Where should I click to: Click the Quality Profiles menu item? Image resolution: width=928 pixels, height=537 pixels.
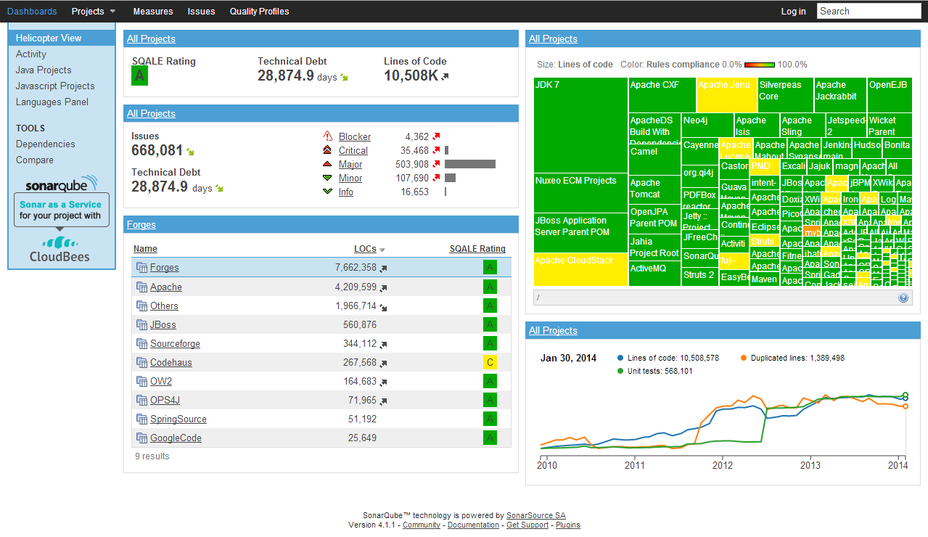(259, 11)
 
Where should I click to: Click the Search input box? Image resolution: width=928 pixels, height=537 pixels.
(869, 11)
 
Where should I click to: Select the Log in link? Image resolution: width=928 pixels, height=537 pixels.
(793, 11)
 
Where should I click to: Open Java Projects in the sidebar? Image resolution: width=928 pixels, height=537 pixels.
(44, 70)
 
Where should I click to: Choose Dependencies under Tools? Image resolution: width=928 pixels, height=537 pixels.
(45, 144)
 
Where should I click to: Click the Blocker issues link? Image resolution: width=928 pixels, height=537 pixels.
(354, 137)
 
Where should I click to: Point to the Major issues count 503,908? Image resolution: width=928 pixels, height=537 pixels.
(412, 165)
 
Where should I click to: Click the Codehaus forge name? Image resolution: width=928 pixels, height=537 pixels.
(171, 363)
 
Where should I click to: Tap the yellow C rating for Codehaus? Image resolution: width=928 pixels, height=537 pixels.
(490, 363)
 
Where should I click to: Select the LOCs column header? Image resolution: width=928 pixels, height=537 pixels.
(365, 249)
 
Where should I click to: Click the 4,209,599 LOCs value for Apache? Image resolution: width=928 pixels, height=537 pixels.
(356, 287)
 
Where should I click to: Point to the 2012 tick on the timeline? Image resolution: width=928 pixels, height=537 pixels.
(723, 464)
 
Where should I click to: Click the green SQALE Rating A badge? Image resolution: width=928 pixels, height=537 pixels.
(139, 76)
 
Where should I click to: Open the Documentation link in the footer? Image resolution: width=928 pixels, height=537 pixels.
(473, 525)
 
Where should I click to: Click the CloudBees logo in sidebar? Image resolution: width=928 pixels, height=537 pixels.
(59, 249)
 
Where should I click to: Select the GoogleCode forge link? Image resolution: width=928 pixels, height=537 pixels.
(176, 438)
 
